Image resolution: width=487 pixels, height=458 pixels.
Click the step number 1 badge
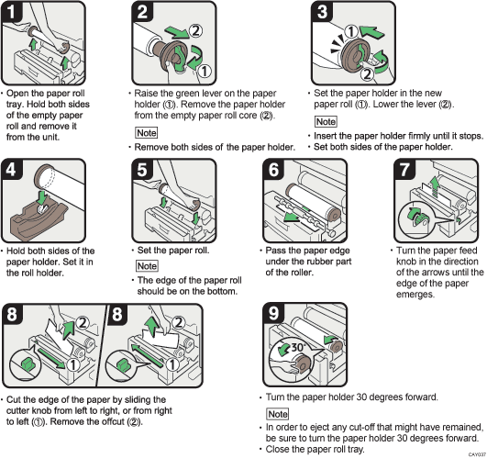pyautogui.click(x=12, y=12)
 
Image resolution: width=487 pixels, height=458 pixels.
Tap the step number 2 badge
pyautogui.click(x=140, y=12)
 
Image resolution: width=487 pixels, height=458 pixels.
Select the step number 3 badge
pyautogui.click(x=319, y=12)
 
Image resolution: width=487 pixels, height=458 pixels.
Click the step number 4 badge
pyautogui.click(x=12, y=170)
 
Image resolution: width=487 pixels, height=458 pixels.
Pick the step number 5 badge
pyautogui.click(x=140, y=170)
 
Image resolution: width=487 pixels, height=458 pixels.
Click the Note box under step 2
pyautogui.click(x=146, y=133)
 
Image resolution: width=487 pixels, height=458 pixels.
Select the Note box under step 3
pyautogui.click(x=325, y=121)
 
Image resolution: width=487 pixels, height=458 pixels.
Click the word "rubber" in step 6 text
pyautogui.click(x=307, y=262)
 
